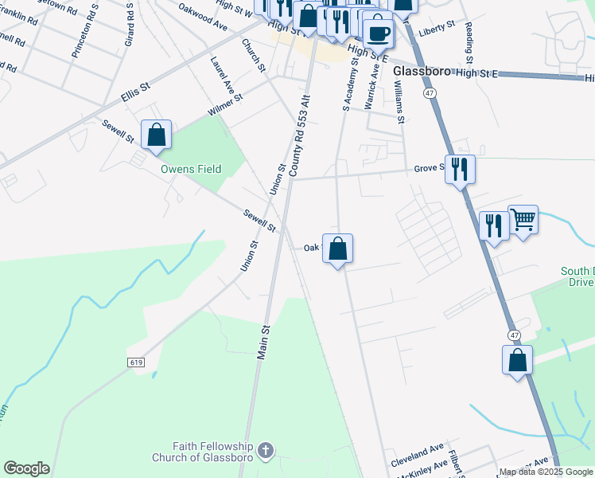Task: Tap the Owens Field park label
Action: (191, 169)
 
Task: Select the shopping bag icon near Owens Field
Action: (157, 135)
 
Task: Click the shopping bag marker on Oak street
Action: (337, 249)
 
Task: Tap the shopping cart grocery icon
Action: (523, 219)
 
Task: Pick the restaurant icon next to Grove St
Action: (460, 169)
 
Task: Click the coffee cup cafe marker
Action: (379, 33)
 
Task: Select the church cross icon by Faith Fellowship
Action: (266, 451)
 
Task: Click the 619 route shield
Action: (134, 362)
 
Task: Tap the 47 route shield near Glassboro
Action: (430, 93)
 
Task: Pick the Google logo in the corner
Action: (26, 468)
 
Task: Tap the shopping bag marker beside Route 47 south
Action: (517, 359)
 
